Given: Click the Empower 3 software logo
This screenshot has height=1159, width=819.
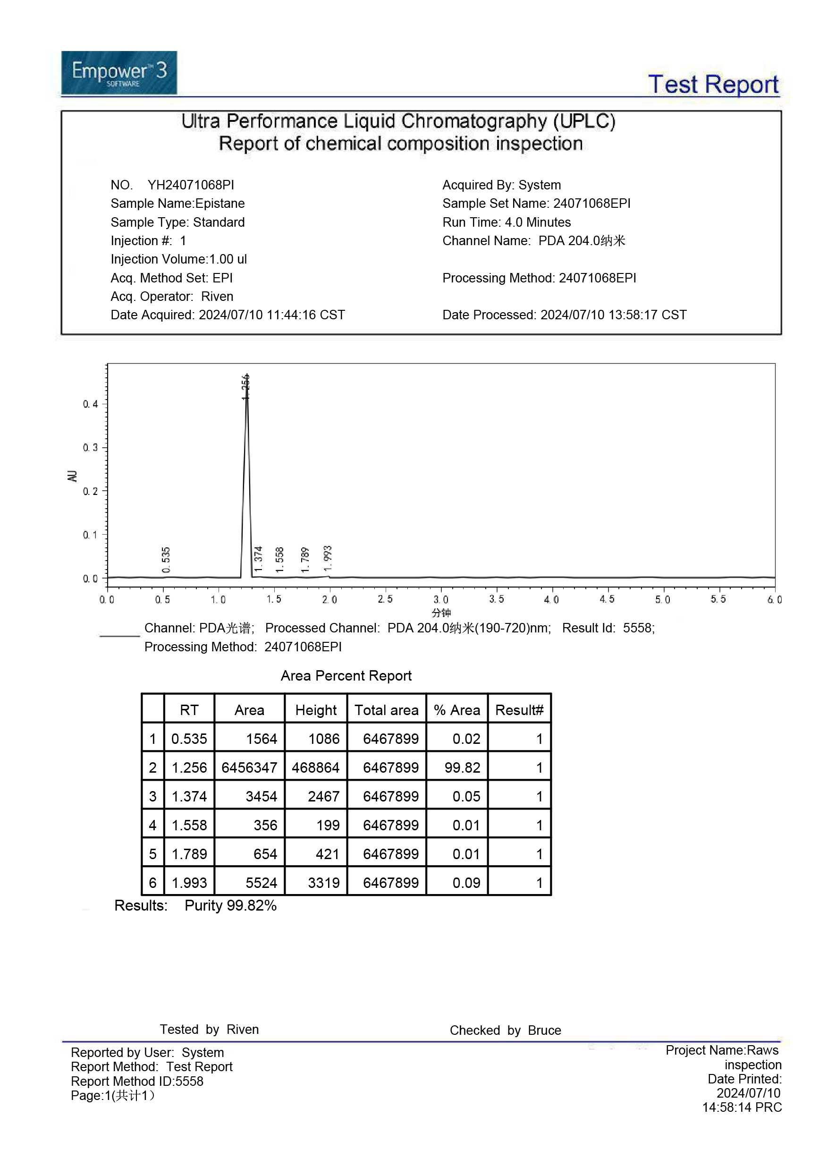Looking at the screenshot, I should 119,73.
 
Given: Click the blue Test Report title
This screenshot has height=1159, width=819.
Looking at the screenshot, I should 713,84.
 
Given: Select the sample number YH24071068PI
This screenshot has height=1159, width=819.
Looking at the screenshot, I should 191,185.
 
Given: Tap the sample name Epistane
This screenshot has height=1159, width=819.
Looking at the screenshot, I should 220,204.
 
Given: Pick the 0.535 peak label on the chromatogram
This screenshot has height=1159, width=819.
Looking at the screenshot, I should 166,559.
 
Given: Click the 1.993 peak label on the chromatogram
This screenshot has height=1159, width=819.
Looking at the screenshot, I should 328,558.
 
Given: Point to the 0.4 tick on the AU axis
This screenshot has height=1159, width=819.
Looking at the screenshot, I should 91,404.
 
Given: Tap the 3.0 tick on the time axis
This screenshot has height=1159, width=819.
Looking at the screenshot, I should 440,599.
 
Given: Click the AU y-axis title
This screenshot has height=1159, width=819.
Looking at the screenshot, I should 72,476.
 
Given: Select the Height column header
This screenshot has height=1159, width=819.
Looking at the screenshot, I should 316,710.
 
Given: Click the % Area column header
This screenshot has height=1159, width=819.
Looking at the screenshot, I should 456,710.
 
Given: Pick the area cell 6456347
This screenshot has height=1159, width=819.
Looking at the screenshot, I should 249,767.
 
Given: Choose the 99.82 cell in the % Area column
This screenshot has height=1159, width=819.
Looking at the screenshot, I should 462,767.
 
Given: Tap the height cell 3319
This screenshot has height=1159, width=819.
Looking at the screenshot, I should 323,882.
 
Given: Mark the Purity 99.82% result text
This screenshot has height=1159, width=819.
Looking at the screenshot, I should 231,905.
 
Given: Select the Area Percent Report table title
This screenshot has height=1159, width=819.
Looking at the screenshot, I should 346,675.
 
